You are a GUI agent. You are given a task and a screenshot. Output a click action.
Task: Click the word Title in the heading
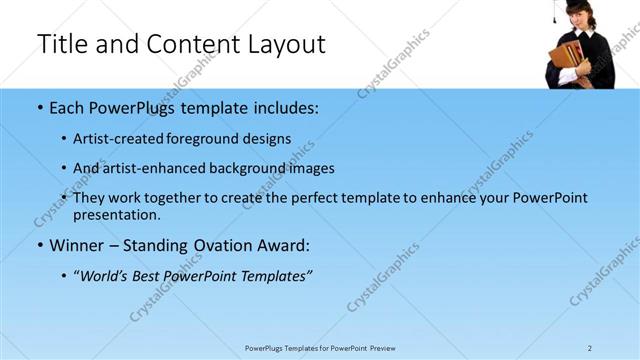point(61,44)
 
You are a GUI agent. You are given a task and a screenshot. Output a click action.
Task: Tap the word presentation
point(116,214)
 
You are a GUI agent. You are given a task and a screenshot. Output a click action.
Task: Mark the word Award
point(282,245)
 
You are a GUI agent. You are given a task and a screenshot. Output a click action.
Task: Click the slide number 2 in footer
point(590,347)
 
